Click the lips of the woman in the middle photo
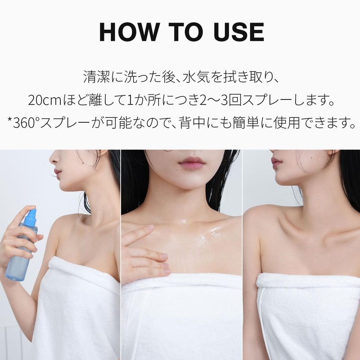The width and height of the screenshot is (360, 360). (x=192, y=162)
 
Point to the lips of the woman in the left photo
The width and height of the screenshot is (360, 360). (x=57, y=172)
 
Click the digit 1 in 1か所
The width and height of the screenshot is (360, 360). (x=128, y=99)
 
